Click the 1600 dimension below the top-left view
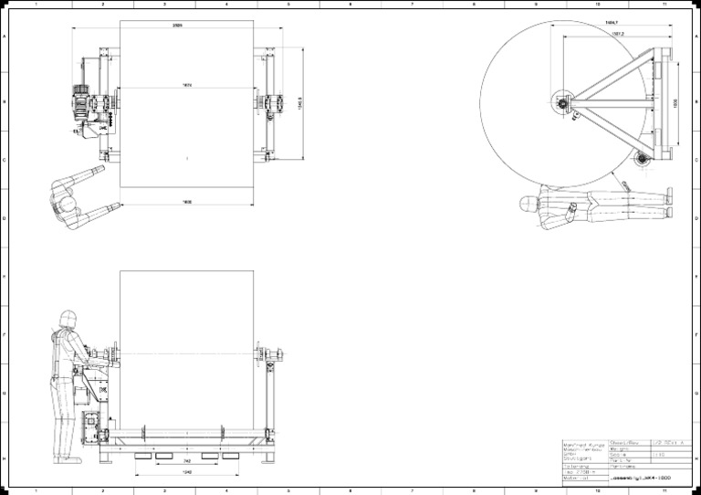[x=186, y=201]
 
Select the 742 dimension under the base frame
[x=186, y=463]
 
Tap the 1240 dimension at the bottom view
[x=186, y=473]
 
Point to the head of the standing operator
[x=66, y=319]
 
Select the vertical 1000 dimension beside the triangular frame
[x=676, y=103]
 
